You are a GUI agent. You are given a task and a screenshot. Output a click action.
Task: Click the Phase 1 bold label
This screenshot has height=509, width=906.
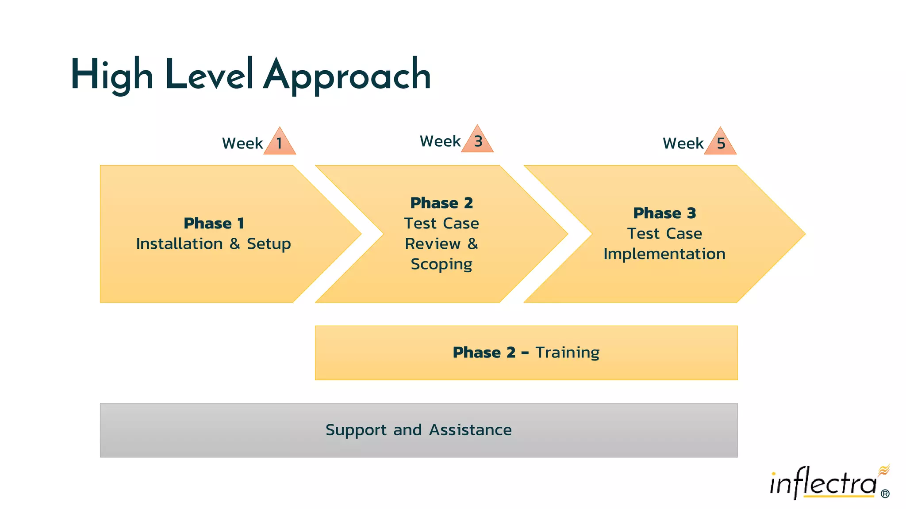pyautogui.click(x=214, y=224)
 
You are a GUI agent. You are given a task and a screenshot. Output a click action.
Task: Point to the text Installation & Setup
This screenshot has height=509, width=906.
pyautogui.click(x=213, y=244)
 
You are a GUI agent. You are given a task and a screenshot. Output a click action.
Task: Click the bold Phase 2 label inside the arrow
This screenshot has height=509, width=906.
pyautogui.click(x=441, y=203)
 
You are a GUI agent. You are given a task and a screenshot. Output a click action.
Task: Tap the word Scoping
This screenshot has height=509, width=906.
pyautogui.click(x=441, y=264)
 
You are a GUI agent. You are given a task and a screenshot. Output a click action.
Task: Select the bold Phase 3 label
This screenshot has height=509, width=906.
pyautogui.click(x=664, y=213)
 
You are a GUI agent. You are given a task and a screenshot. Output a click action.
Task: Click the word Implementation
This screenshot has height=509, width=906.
pyautogui.click(x=664, y=254)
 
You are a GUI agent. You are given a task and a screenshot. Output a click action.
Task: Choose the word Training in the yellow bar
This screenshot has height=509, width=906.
pyautogui.click(x=567, y=353)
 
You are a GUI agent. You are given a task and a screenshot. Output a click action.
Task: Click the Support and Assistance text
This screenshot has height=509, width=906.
pyautogui.click(x=418, y=430)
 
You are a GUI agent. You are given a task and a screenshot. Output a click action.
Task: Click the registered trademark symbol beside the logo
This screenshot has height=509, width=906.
pyautogui.click(x=885, y=494)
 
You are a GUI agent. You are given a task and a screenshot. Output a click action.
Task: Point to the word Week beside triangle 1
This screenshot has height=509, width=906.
pyautogui.click(x=242, y=144)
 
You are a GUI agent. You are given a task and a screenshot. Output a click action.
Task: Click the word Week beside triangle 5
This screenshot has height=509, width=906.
pyautogui.click(x=683, y=144)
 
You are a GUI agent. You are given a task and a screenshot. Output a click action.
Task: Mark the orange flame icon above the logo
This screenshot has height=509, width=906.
pyautogui.click(x=884, y=470)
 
